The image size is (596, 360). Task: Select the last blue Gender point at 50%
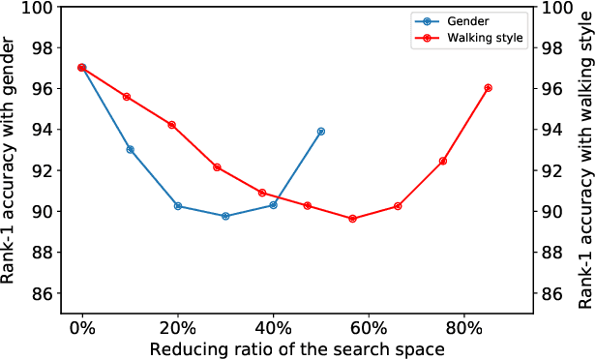coord(321,131)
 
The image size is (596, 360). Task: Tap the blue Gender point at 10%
coord(131,149)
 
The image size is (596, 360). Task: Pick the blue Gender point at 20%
coord(178,206)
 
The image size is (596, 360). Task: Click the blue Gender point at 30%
coord(225,216)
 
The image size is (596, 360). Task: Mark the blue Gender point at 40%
coord(274,205)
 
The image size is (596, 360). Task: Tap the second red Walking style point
coord(127,97)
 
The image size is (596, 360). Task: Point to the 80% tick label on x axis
coord(464,327)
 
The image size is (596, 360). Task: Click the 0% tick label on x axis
coord(82,327)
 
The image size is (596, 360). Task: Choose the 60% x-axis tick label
coord(369,327)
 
